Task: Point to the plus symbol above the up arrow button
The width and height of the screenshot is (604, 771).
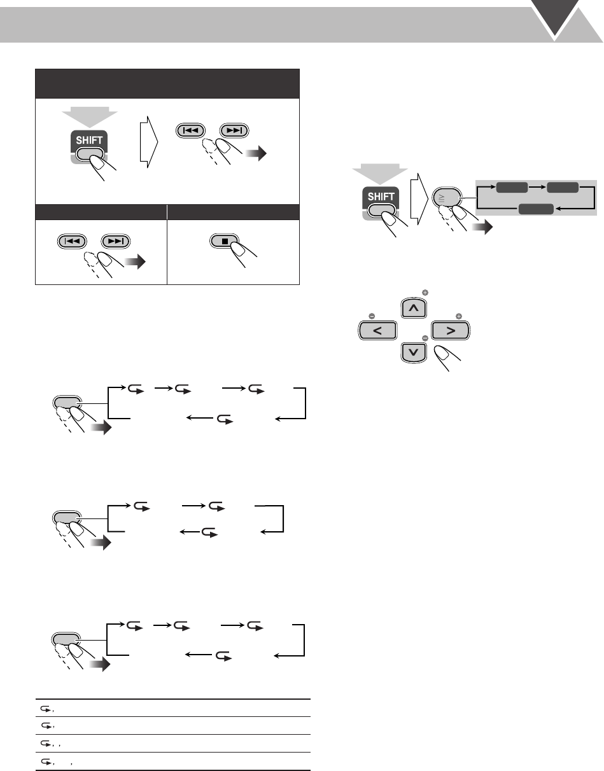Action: point(425,292)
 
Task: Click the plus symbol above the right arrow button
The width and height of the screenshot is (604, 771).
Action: point(458,315)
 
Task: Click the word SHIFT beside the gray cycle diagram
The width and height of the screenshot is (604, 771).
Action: point(381,197)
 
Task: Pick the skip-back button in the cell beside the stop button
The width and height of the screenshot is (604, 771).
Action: point(69,241)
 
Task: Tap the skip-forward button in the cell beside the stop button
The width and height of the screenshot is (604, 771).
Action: point(115,241)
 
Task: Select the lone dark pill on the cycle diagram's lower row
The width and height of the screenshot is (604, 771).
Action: point(535,209)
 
